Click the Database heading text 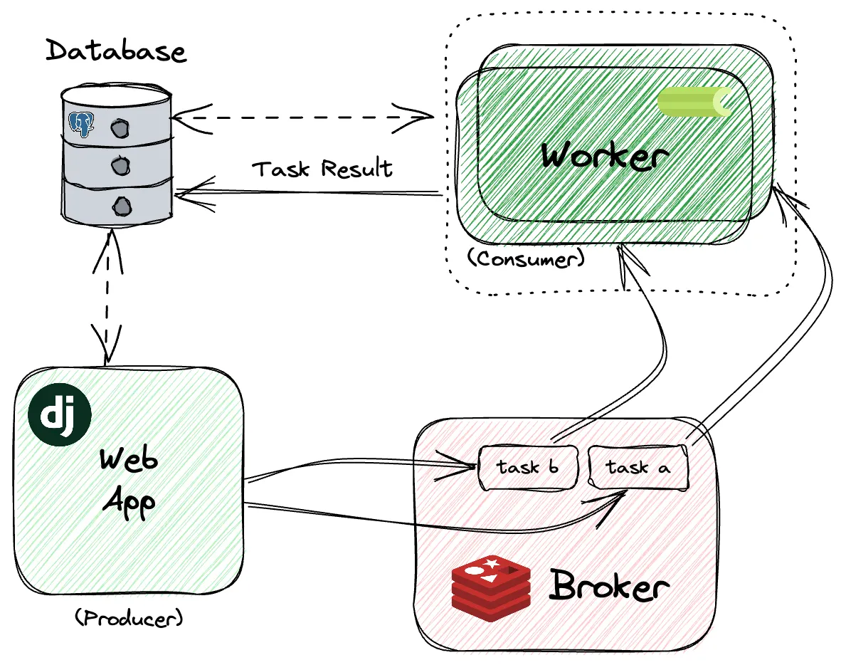116,52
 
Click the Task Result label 323,169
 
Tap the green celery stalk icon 694,102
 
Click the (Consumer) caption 526,258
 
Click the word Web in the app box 128,461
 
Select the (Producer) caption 129,617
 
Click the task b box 527,468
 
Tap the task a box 638,468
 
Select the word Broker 609,587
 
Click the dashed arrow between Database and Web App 107,299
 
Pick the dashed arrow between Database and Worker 302,115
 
